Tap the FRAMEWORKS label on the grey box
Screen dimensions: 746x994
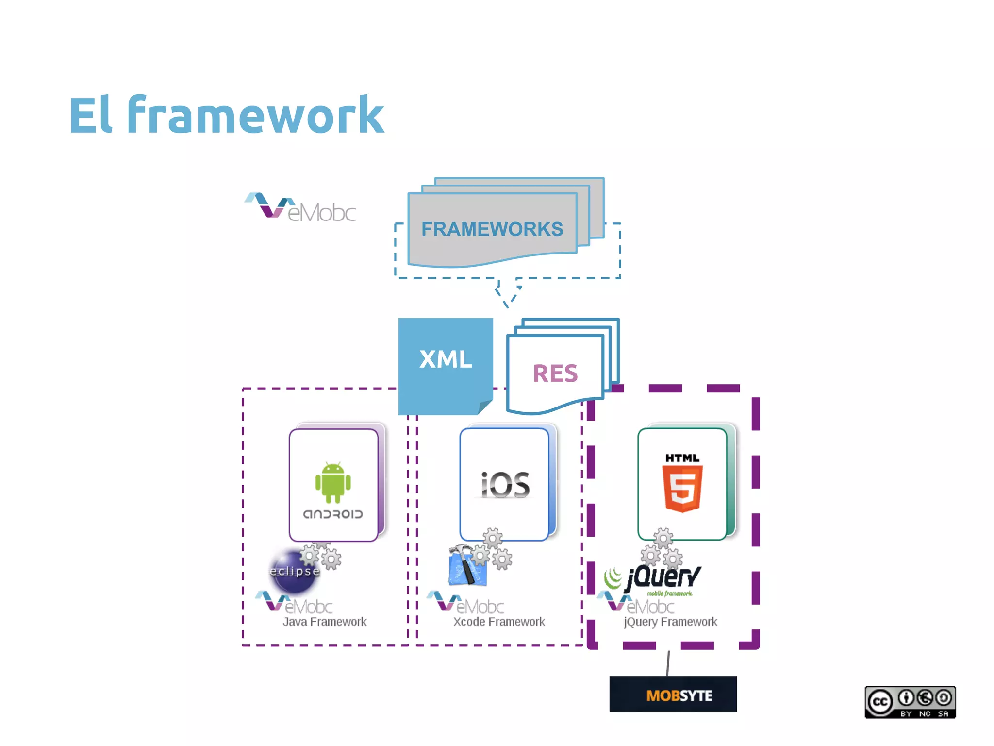click(492, 229)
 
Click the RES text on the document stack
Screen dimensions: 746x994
click(555, 373)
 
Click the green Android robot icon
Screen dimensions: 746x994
click(333, 483)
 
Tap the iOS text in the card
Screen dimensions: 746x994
click(505, 485)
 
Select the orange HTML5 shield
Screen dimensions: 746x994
click(682, 488)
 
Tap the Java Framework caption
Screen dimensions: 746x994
click(324, 622)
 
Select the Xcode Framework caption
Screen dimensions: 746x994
click(499, 622)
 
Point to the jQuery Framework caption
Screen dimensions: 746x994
click(670, 622)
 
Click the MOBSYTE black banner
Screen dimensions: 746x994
click(673, 695)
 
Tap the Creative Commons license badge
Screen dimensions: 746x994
click(910, 702)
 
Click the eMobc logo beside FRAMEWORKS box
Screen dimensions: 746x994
click(301, 208)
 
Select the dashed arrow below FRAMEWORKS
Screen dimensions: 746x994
click(508, 293)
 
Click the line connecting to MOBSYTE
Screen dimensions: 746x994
click(668, 663)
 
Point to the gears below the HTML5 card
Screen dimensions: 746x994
click(662, 549)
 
